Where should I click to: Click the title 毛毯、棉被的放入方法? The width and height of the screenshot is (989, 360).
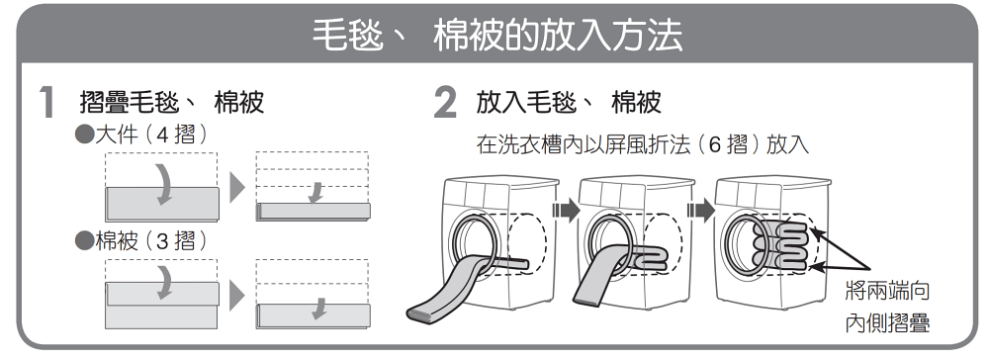point(497,36)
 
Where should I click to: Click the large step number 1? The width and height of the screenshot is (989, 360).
point(46,103)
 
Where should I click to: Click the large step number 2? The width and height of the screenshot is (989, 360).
point(445,103)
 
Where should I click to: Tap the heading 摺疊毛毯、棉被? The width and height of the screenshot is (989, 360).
point(171,102)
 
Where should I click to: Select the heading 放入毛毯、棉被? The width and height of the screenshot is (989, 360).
point(569,102)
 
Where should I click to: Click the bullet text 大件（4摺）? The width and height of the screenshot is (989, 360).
point(141,135)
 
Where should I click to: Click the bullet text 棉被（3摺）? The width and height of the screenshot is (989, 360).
point(141,241)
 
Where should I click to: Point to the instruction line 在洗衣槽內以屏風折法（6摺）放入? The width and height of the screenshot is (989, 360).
point(642,145)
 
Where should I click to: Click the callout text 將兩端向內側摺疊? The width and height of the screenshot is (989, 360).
point(887,308)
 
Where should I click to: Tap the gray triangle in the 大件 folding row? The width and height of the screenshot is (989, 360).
point(236,187)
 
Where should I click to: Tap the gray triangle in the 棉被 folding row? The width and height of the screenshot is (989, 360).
point(236,295)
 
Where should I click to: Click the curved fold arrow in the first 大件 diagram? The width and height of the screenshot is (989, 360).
point(164,185)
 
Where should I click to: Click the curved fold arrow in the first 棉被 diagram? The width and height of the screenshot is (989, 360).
point(164,283)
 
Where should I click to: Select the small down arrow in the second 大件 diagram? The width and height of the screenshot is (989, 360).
point(316,193)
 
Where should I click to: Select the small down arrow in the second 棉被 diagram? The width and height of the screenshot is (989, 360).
point(319,309)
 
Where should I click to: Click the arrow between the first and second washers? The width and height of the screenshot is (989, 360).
point(566,210)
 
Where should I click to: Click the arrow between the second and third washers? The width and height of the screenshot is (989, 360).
point(701,210)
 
